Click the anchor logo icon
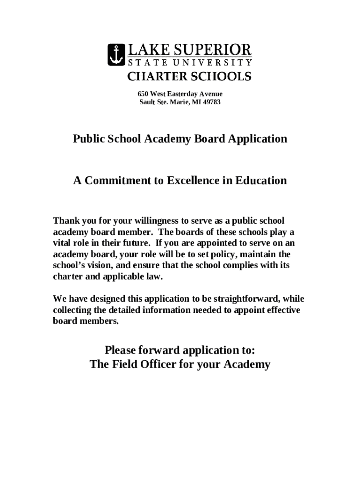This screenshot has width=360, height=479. pyautogui.click(x=116, y=55)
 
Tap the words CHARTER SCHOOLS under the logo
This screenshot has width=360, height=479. pyautogui.click(x=189, y=76)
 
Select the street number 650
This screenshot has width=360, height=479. pyautogui.click(x=142, y=94)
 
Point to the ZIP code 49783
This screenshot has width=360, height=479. pyautogui.click(x=212, y=102)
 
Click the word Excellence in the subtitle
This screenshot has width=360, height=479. pyautogui.click(x=192, y=181)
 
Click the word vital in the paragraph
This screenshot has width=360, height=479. pyautogui.click(x=61, y=243)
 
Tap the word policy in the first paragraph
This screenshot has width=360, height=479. pyautogui.click(x=228, y=254)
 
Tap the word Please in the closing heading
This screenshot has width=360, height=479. pyautogui.click(x=123, y=350)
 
